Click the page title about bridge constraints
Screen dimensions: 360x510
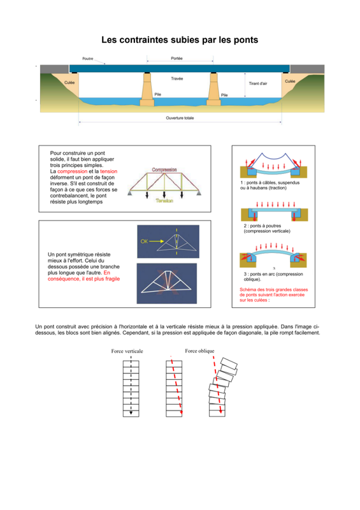pyautogui.click(x=180, y=40)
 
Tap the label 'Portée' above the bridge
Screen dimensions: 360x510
pyautogui.click(x=176, y=59)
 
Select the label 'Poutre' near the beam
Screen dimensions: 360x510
pyautogui.click(x=88, y=59)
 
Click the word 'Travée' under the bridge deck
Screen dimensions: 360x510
pyautogui.click(x=177, y=78)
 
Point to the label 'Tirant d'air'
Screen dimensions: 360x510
pyautogui.click(x=258, y=84)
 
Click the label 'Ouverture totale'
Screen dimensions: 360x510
pyautogui.click(x=180, y=118)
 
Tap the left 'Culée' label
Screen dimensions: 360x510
pyautogui.click(x=69, y=83)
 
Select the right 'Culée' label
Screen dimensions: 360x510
pyautogui.click(x=290, y=82)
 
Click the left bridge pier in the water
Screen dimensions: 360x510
pyautogui.click(x=147, y=89)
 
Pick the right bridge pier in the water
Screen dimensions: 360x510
pyautogui.click(x=213, y=89)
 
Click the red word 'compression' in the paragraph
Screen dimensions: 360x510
pyautogui.click(x=72, y=171)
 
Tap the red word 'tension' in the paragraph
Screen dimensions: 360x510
pyautogui.click(x=108, y=171)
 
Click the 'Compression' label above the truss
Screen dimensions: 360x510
pyautogui.click(x=164, y=170)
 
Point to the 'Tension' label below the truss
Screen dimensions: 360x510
pyautogui.click(x=164, y=201)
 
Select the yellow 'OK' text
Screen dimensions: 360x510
pyautogui.click(x=144, y=242)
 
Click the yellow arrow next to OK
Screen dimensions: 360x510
pyautogui.click(x=157, y=242)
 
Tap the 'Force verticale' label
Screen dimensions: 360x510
pyautogui.click(x=127, y=351)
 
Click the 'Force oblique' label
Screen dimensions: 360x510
pyautogui.click(x=199, y=351)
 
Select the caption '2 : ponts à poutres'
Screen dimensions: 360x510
pyautogui.click(x=263, y=226)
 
